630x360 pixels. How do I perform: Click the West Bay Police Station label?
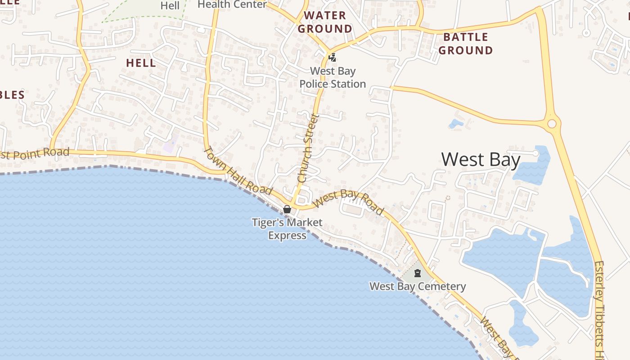pyautogui.click(x=333, y=77)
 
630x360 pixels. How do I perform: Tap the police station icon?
pyautogui.click(x=332, y=58)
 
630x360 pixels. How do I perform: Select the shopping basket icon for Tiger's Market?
pyautogui.click(x=287, y=209)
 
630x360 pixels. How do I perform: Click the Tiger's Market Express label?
pyautogui.click(x=287, y=229)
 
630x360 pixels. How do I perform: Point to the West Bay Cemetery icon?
pyautogui.click(x=418, y=273)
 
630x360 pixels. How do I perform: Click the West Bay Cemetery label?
pyautogui.click(x=418, y=286)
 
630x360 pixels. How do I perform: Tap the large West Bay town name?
pyautogui.click(x=481, y=160)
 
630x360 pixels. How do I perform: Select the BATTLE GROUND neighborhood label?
pyautogui.click(x=466, y=44)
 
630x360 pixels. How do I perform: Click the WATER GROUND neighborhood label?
pyautogui.click(x=325, y=22)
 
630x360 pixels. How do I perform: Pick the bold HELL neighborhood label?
pyautogui.click(x=141, y=63)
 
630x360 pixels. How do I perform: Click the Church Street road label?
pyautogui.click(x=308, y=148)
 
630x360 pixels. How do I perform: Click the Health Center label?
pyautogui.click(x=232, y=4)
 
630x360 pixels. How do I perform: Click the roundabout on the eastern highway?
pyautogui.click(x=552, y=123)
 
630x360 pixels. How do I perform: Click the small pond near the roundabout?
pyautogui.click(x=455, y=123)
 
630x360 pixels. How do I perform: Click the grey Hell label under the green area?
pyautogui.click(x=170, y=6)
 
